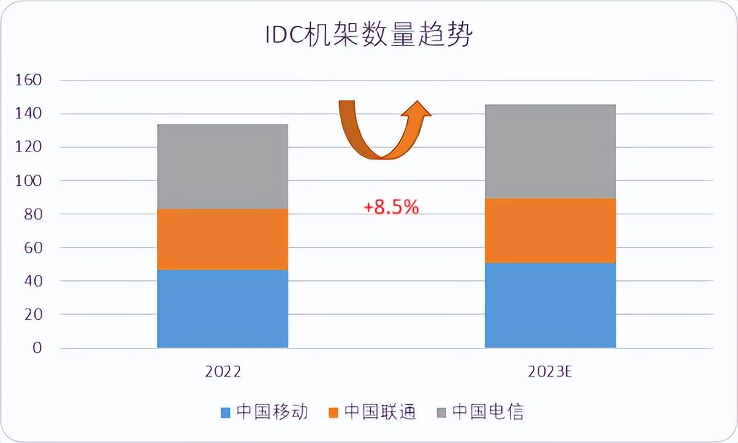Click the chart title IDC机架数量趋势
(x=368, y=35)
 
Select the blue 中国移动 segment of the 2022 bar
(x=223, y=309)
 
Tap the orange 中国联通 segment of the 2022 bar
(x=223, y=239)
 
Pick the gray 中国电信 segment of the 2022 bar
(x=223, y=166)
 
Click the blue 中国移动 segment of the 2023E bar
(x=550, y=305)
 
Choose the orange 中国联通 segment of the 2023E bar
(x=550, y=230)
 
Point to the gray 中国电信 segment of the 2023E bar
(x=550, y=151)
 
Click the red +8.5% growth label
(x=391, y=208)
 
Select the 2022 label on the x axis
(x=223, y=372)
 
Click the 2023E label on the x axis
(x=550, y=372)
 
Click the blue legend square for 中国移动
(x=226, y=412)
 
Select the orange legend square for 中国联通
(x=333, y=412)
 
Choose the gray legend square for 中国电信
(x=442, y=412)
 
